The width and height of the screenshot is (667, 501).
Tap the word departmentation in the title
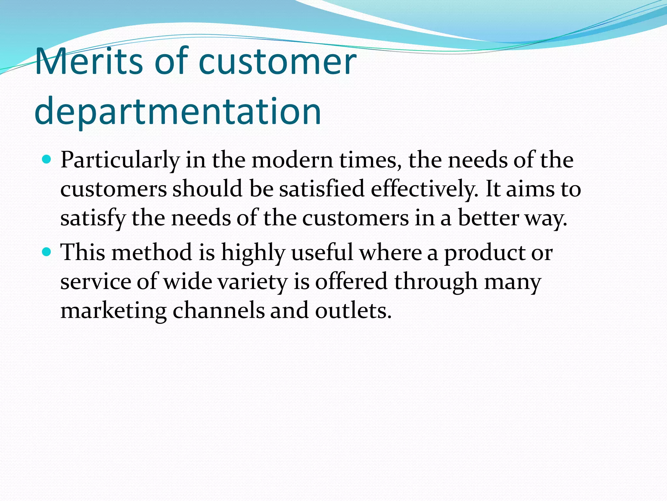click(178, 112)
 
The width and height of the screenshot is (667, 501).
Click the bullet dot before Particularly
click(47, 159)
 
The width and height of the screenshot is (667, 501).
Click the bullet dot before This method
click(47, 252)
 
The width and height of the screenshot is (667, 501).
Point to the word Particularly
click(120, 160)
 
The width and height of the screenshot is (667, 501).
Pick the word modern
click(292, 160)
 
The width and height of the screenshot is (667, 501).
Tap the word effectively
click(425, 189)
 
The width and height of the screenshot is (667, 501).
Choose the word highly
click(253, 253)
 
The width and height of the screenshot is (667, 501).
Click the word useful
click(322, 252)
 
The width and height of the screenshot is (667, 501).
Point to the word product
click(484, 253)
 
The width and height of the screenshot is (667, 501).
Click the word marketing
click(114, 311)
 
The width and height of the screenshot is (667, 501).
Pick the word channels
click(218, 311)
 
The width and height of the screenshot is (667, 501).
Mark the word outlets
click(353, 311)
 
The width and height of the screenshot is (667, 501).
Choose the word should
click(207, 189)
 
